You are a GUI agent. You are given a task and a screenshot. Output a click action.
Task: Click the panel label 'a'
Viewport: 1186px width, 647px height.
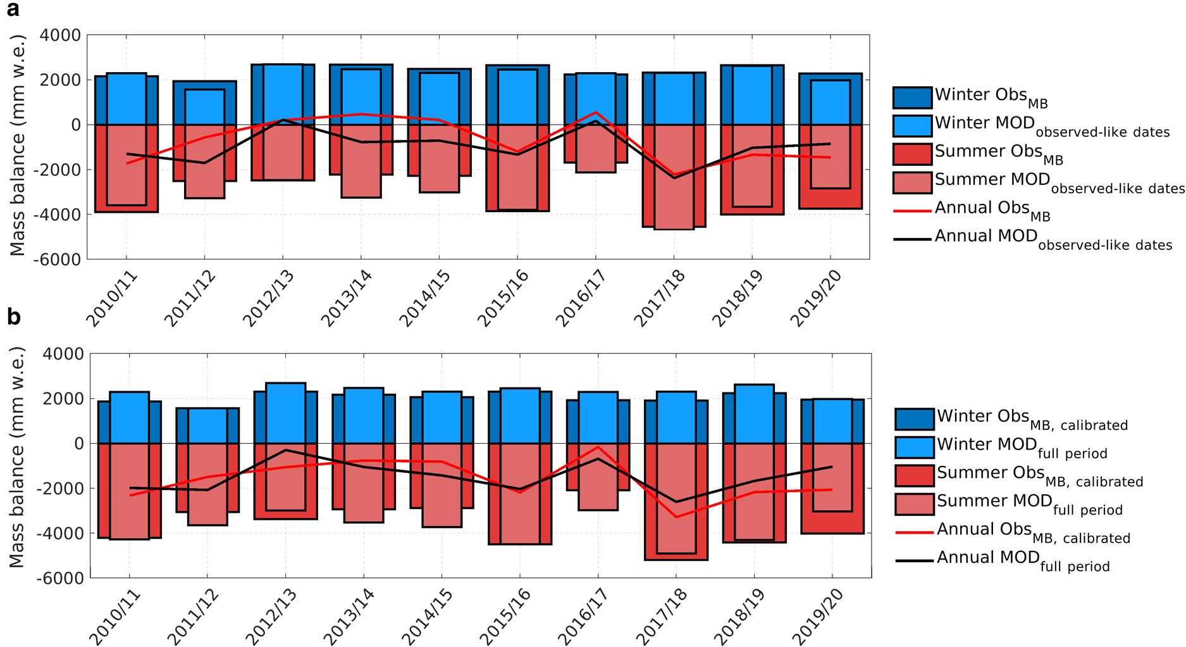coord(13,10)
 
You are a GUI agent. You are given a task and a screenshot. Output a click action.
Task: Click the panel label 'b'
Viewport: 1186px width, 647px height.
coord(14,317)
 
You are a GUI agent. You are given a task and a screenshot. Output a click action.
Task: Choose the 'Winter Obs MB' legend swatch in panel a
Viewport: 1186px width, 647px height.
coord(912,97)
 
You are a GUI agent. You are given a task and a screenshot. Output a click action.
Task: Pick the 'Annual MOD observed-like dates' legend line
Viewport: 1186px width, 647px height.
coord(912,239)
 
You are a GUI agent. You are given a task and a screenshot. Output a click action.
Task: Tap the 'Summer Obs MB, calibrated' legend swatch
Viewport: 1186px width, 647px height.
coord(914,475)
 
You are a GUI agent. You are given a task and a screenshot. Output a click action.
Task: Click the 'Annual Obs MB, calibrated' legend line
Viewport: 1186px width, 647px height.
coord(914,532)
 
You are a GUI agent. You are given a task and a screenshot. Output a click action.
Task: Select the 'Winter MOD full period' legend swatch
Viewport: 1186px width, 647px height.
coord(914,447)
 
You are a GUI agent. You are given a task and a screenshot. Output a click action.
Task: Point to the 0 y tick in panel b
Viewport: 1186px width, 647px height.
coord(79,444)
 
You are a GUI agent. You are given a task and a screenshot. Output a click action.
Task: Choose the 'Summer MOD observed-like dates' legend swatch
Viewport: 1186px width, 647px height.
coord(912,182)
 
